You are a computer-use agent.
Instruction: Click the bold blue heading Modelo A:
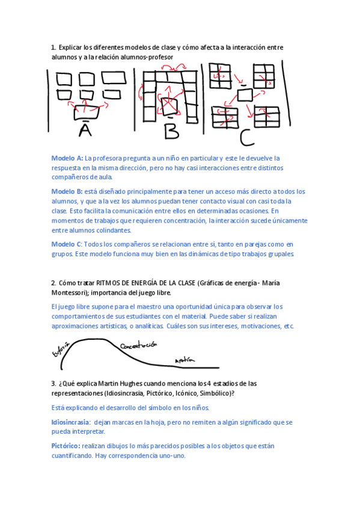point(67,158)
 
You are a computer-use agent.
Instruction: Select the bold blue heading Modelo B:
point(67,191)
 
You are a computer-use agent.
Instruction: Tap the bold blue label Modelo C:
point(67,244)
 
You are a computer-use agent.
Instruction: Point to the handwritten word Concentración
point(138,346)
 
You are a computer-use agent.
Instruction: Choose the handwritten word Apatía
point(185,360)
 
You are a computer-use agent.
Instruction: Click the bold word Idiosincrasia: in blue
point(71,422)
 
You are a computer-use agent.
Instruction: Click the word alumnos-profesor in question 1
point(147,57)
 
